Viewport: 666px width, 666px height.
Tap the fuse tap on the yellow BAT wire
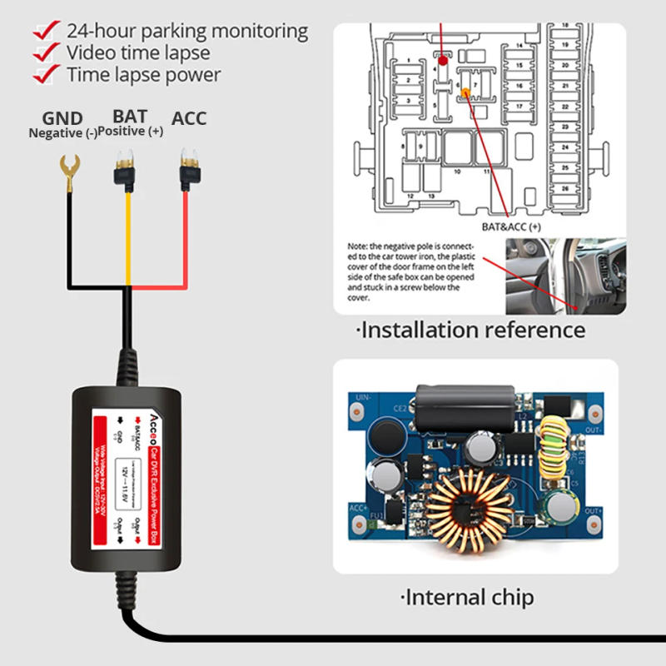[127, 170]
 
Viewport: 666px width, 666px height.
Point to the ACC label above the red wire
[189, 118]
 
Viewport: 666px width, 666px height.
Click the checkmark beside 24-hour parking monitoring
[45, 32]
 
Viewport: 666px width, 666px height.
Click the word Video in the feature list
[91, 53]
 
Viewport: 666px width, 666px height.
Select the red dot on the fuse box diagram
[443, 60]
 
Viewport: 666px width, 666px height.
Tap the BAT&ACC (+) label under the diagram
[511, 226]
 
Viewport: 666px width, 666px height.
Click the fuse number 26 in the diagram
[566, 189]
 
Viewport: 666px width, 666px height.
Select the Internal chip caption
[467, 597]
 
